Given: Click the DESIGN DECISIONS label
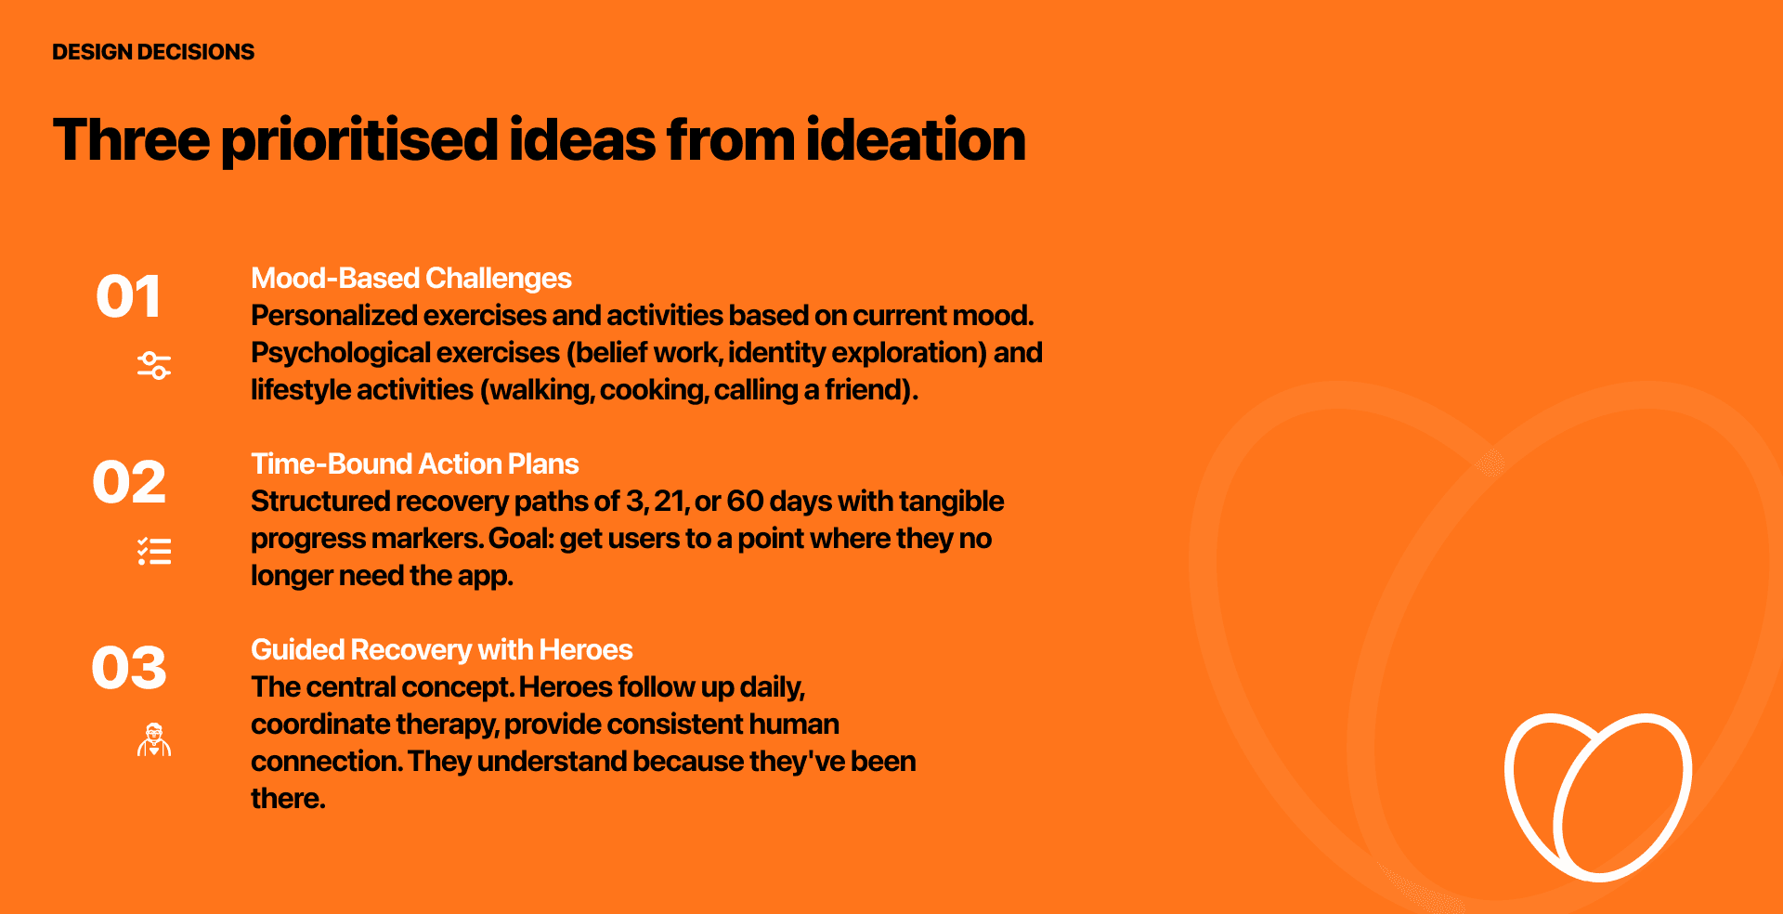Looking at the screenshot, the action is [153, 52].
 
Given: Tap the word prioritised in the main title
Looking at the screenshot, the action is [360, 141].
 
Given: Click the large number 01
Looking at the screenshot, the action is [128, 297].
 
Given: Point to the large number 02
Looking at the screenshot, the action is [129, 483].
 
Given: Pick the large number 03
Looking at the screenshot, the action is [129, 669].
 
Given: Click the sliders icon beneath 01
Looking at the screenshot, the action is [154, 366].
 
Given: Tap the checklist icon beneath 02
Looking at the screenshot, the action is [154, 552].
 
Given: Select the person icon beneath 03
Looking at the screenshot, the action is [154, 739].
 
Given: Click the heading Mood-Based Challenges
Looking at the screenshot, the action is [411, 279].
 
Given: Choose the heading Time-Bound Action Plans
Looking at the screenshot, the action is [415, 464].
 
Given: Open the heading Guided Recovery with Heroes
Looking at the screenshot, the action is [442, 649].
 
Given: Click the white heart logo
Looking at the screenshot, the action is [1597, 797].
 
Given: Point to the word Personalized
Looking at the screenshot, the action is [334, 316].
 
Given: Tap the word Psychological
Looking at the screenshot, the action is [341, 353].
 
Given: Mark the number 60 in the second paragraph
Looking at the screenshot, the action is [745, 502].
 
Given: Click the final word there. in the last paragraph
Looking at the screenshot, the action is [288, 799].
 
